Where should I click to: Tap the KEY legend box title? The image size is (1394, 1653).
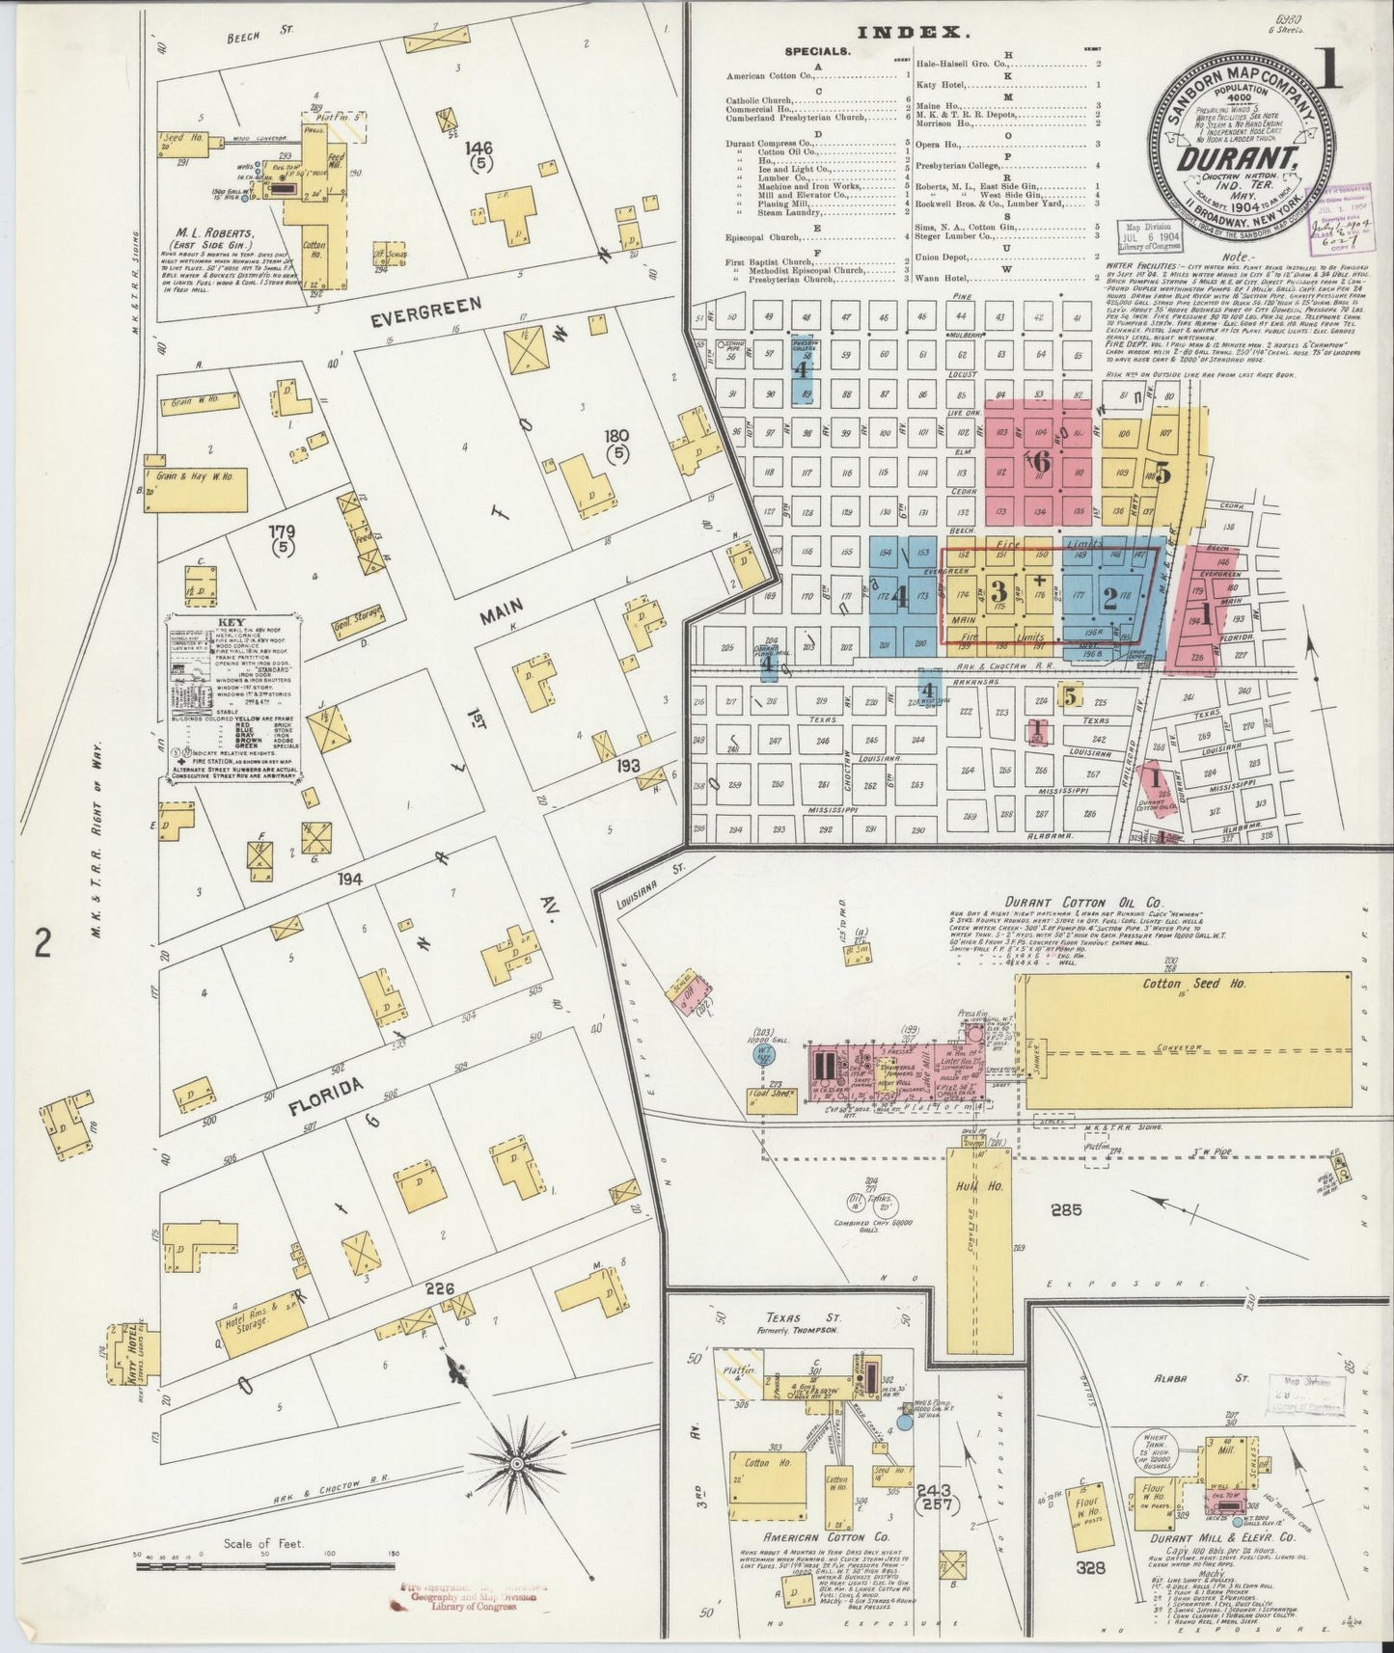coord(230,622)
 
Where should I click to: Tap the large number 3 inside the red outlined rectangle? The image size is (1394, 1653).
coord(998,590)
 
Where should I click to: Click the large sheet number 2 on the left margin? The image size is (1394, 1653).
coord(41,942)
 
